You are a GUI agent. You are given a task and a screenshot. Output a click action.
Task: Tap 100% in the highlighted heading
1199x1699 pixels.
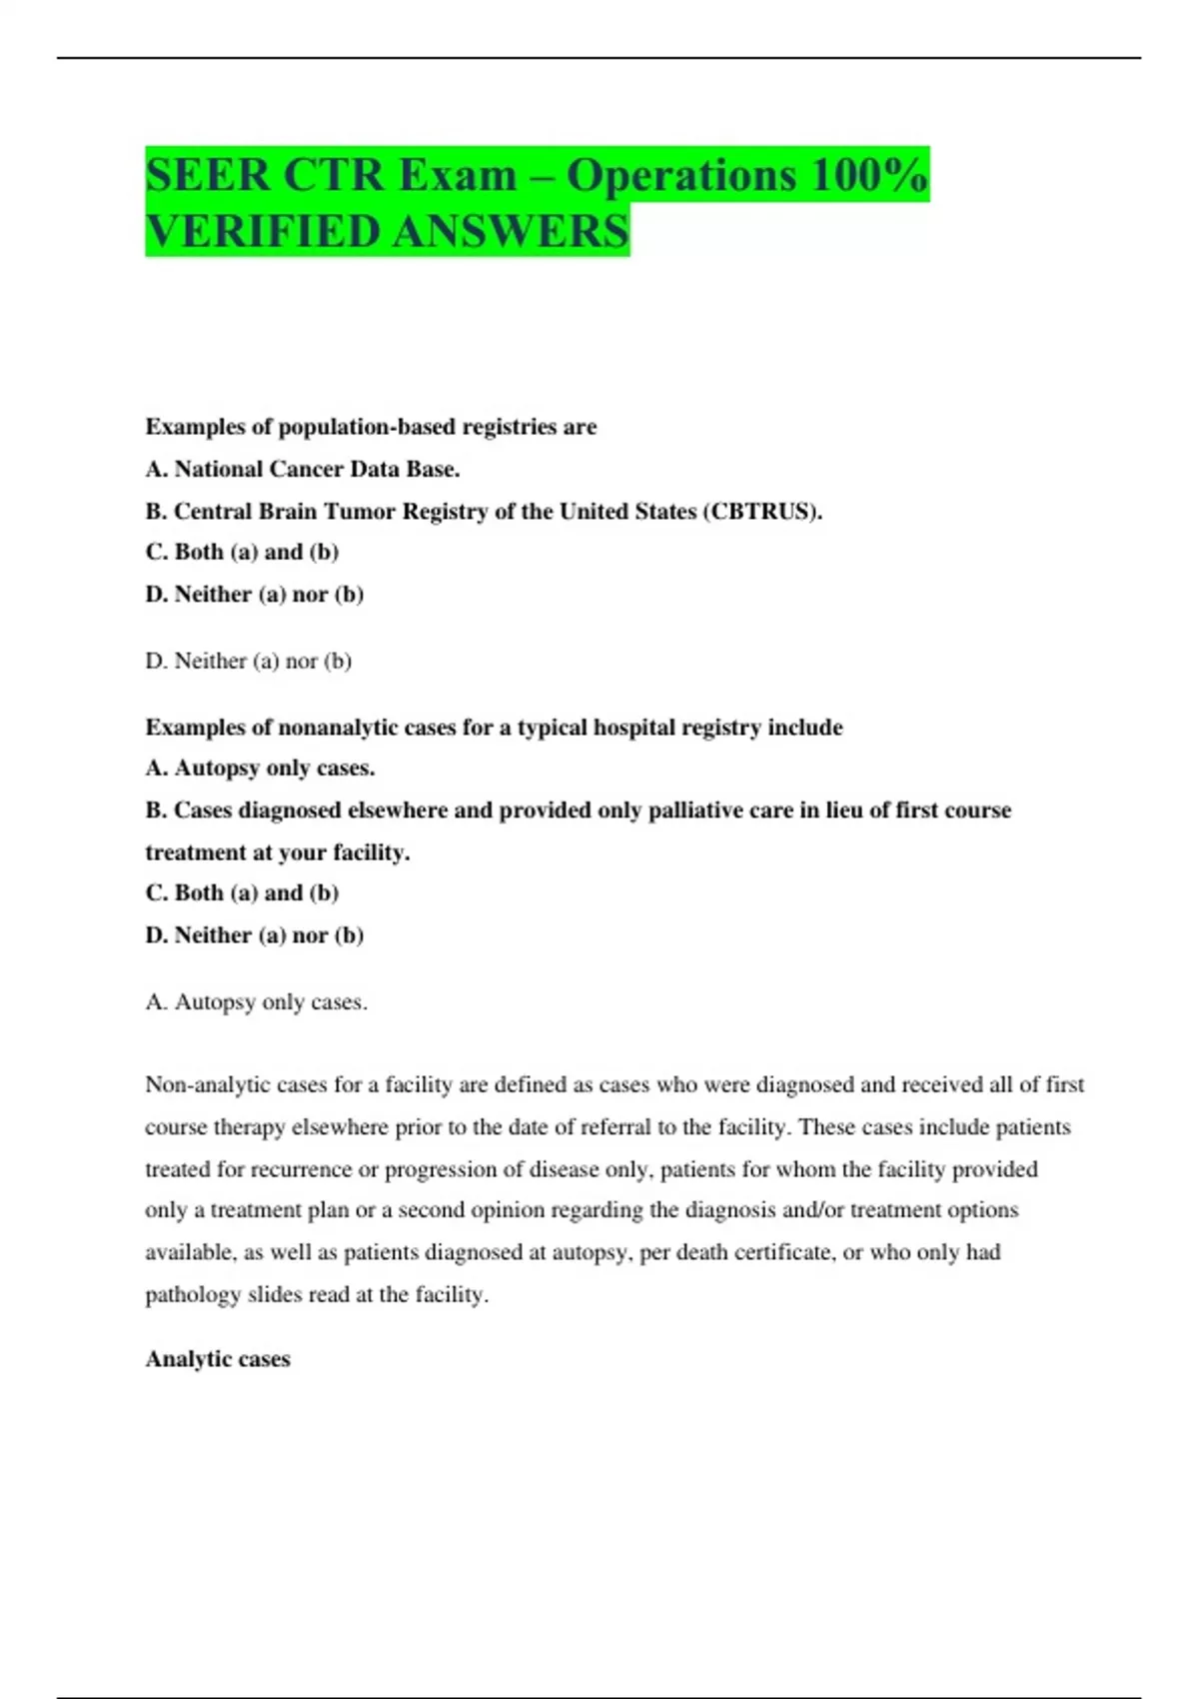(x=869, y=176)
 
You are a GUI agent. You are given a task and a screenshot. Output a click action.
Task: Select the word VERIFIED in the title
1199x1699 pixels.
(x=264, y=232)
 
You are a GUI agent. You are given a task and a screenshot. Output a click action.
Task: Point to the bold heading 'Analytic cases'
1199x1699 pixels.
(x=218, y=1359)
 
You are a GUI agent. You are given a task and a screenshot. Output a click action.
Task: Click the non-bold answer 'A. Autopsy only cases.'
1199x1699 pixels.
(x=257, y=1002)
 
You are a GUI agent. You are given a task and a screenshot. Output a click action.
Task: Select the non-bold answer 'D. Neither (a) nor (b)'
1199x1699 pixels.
(x=249, y=661)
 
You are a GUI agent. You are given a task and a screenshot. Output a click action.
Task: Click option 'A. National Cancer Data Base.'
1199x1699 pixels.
(x=303, y=469)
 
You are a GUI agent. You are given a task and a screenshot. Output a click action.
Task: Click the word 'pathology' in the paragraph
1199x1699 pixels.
(x=193, y=1295)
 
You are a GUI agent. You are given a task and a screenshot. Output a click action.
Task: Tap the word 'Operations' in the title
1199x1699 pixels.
(x=681, y=176)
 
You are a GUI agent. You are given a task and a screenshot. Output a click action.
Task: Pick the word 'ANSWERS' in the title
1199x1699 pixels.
(x=511, y=232)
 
